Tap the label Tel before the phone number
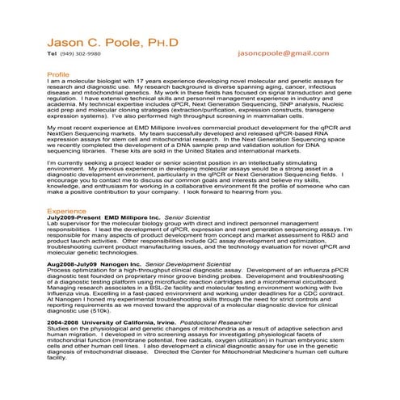51,55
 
